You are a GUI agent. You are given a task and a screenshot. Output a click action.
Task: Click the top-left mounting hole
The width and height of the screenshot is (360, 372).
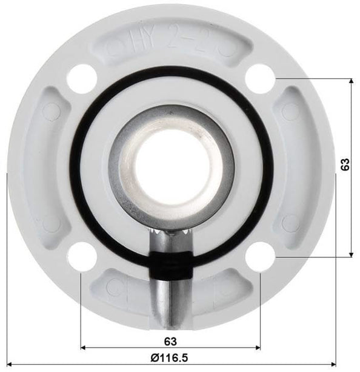(x=81, y=78)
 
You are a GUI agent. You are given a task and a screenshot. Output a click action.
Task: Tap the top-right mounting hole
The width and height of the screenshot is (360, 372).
(x=261, y=78)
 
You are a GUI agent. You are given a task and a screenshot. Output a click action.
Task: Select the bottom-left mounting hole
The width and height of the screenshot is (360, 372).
(x=81, y=255)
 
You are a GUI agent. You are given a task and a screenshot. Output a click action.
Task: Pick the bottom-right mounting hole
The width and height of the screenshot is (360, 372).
(x=261, y=255)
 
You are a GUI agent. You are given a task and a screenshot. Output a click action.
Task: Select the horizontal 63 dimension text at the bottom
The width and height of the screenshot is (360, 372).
(x=170, y=341)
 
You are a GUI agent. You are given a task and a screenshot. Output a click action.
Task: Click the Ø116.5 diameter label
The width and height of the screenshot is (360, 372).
(x=170, y=357)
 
